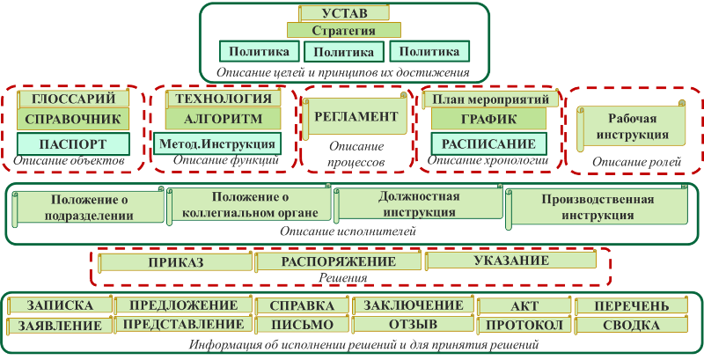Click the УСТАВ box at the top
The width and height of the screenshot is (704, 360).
coord(344,12)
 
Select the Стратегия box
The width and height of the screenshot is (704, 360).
coord(343,30)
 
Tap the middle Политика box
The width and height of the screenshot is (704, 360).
coord(344,52)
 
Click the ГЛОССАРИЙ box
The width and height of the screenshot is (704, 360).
coord(74,99)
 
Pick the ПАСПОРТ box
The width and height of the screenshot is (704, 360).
coord(73,143)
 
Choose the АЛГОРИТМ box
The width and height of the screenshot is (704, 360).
coord(224,120)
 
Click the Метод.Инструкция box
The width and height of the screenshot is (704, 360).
coord(217,143)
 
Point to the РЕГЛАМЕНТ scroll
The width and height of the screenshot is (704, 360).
coord(356,116)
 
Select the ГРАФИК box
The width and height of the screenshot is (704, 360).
coord(489,120)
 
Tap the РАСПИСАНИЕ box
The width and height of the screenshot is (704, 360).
coord(489,143)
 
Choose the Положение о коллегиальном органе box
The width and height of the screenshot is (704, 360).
coord(249,205)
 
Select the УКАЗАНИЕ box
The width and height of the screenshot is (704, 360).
coord(510,261)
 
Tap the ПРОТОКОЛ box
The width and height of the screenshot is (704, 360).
coord(524,325)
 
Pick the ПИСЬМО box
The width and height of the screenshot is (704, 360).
coord(302,325)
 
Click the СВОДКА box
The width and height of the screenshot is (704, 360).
coord(631,325)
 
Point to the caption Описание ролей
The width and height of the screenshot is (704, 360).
coord(636,163)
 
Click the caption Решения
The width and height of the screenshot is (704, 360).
coord(343,278)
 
